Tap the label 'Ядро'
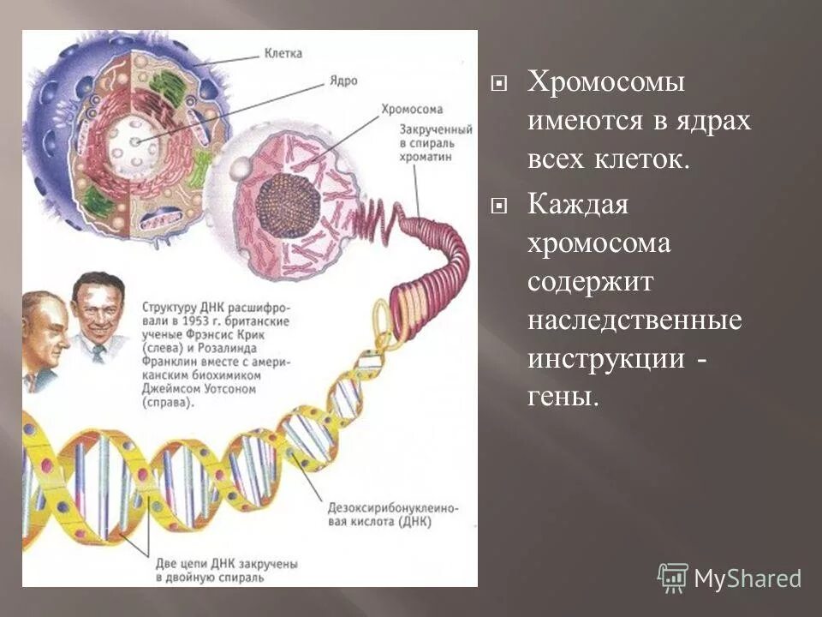click(x=342, y=81)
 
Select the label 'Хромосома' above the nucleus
click(x=411, y=110)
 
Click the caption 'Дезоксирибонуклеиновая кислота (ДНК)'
click(x=392, y=514)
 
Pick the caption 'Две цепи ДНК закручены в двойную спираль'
click(x=226, y=572)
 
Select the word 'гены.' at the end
click(x=561, y=398)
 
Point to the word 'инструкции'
click(x=605, y=359)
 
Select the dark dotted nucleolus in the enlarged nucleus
click(x=288, y=205)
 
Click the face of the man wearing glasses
click(x=41, y=330)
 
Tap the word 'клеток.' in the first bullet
click(x=635, y=160)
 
